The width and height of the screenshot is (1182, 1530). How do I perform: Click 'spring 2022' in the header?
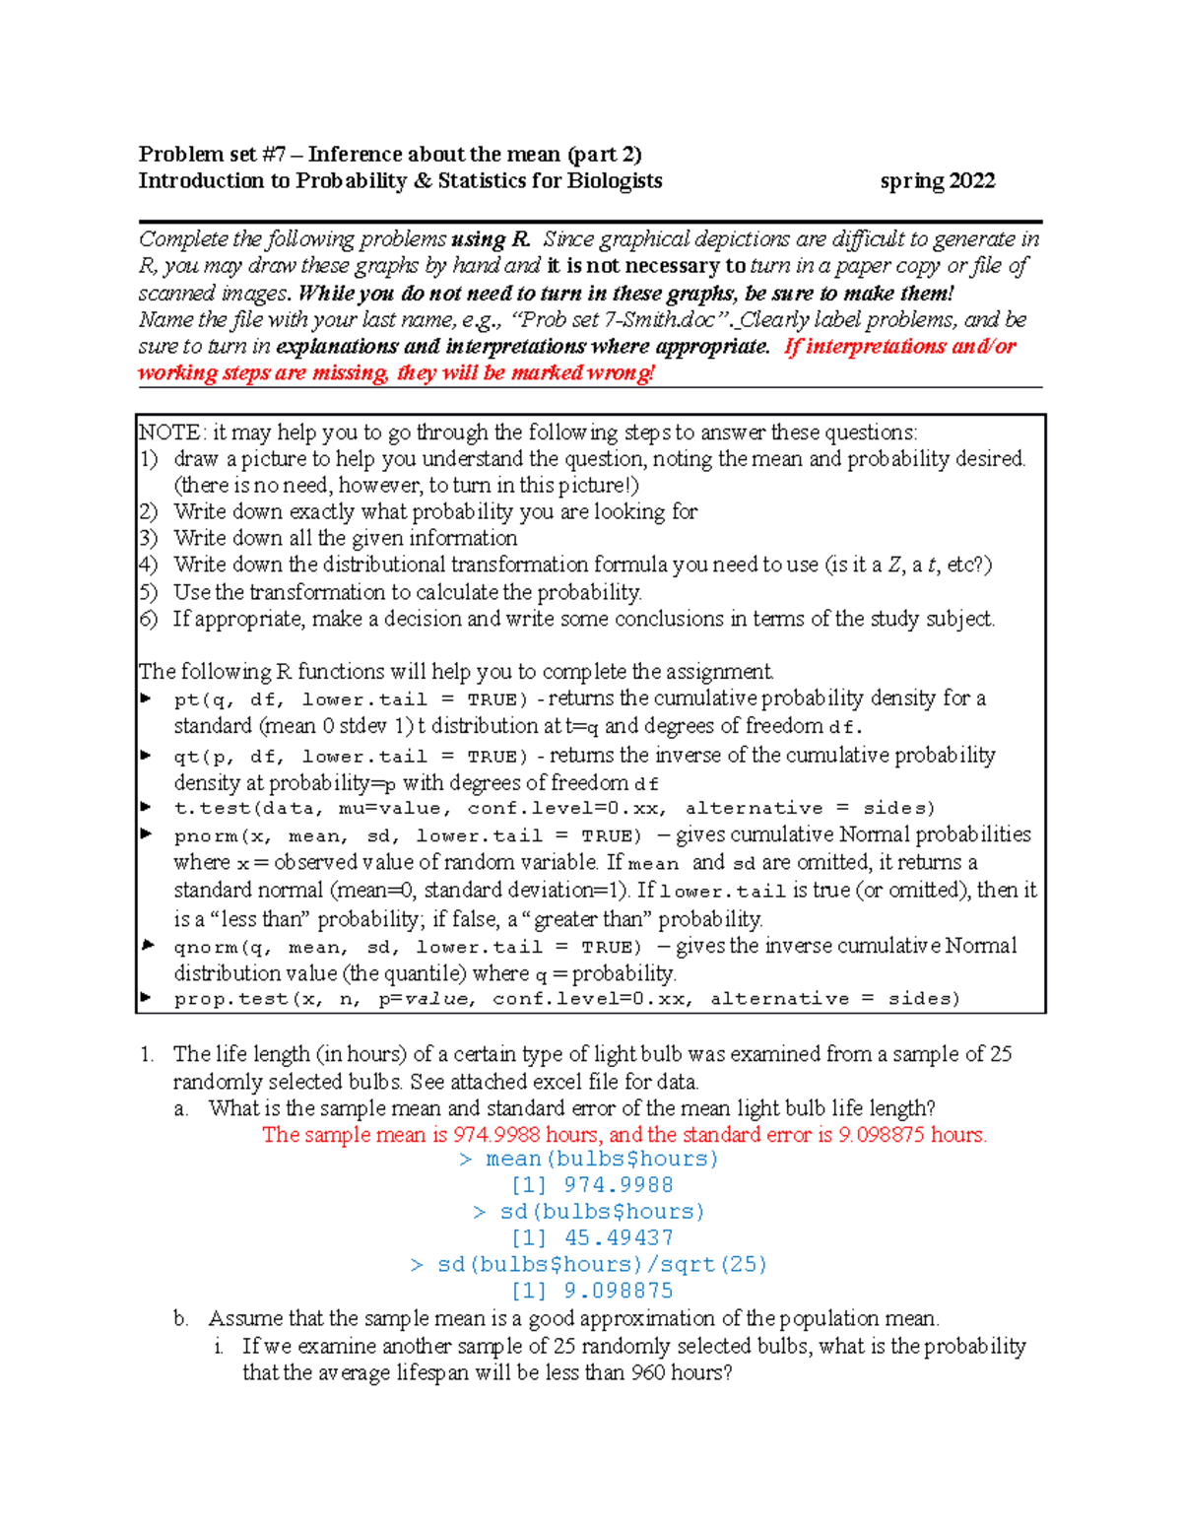point(937,181)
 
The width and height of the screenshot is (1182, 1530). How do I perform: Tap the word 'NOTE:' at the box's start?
point(172,432)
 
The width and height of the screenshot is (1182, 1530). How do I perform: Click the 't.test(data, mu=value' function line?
point(312,809)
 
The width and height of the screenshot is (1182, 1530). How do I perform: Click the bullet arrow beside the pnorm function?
point(147,834)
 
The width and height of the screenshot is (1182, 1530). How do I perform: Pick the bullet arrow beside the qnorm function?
point(147,946)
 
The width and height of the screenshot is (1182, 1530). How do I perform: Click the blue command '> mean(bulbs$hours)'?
point(589,1160)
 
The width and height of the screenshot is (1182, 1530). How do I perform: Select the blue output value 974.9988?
point(618,1186)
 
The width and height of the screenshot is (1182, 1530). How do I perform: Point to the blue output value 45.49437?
point(619,1238)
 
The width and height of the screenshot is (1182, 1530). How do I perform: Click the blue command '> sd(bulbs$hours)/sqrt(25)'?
point(589,1265)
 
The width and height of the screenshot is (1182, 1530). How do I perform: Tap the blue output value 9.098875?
point(619,1292)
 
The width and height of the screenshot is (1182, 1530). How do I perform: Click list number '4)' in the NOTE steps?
point(148,565)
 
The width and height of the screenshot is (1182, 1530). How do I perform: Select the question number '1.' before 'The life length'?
point(147,1055)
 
